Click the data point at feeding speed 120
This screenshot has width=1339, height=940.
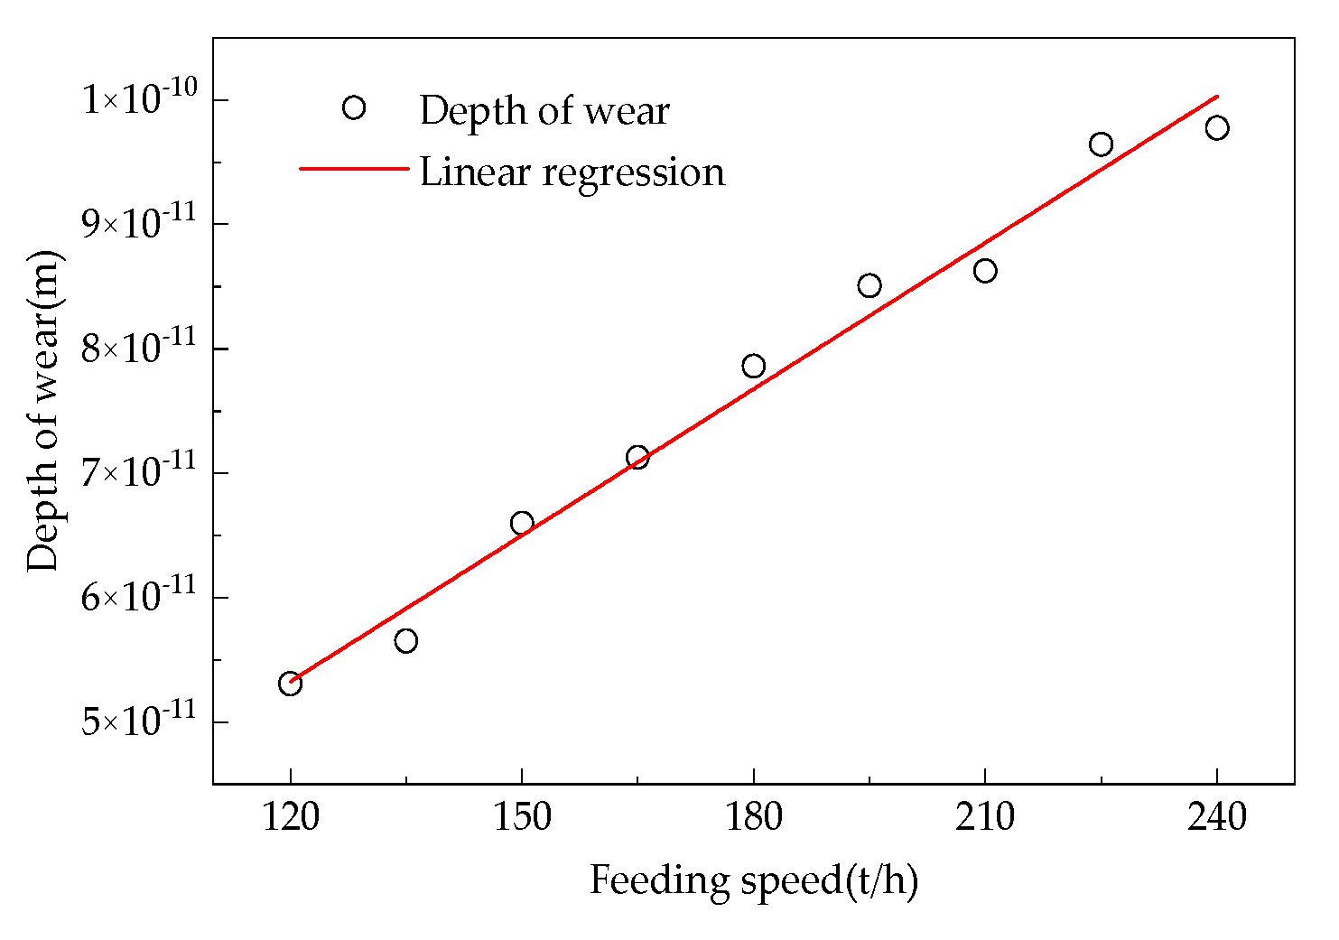(x=290, y=684)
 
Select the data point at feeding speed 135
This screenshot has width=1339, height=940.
(x=405, y=641)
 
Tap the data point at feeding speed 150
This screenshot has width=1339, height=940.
(x=522, y=524)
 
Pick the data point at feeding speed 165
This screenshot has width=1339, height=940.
(x=637, y=458)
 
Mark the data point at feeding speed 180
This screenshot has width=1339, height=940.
(x=753, y=366)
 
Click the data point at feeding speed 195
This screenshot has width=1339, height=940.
(x=869, y=286)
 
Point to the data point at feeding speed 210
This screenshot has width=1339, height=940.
(x=985, y=271)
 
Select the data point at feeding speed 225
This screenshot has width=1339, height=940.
(x=1101, y=144)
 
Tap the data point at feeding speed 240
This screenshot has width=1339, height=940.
(x=1217, y=128)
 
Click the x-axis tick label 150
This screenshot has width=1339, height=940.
(x=522, y=817)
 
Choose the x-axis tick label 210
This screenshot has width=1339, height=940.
(x=985, y=817)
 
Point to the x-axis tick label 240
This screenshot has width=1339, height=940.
(x=1217, y=817)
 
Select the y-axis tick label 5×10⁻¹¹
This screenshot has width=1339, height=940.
(x=139, y=721)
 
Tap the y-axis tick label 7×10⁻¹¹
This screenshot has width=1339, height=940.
(x=139, y=471)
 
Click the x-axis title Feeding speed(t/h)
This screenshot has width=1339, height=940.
(x=753, y=880)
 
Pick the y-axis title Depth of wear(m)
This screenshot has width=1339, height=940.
(x=43, y=411)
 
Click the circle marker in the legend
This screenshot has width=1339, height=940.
(x=354, y=108)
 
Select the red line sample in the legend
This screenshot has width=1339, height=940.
(x=354, y=168)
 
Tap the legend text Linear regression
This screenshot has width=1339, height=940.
(x=572, y=172)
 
